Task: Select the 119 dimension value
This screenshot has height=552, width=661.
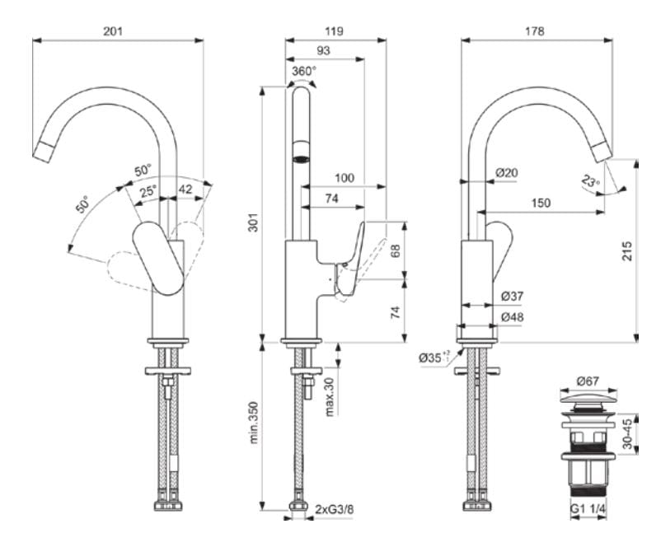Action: [x=335, y=30]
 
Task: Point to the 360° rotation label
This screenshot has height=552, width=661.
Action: [x=303, y=72]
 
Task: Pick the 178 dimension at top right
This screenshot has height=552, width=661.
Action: [x=534, y=30]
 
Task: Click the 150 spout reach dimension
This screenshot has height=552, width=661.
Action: [x=541, y=203]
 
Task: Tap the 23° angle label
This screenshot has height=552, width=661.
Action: [x=589, y=181]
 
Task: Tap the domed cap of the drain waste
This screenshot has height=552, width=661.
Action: [x=587, y=400]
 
